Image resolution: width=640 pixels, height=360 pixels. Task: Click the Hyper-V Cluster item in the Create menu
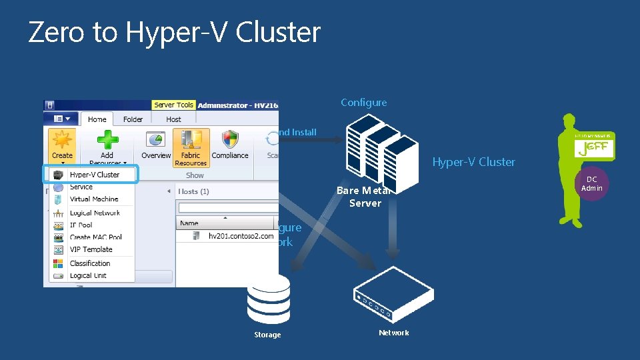pos(94,175)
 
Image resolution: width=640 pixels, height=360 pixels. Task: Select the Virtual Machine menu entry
pos(93,199)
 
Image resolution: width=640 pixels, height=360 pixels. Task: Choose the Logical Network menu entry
pos(95,213)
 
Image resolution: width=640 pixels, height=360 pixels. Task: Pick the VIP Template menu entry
pos(91,249)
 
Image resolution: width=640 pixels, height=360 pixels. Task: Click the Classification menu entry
pos(90,263)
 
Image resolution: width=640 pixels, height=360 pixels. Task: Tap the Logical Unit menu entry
pos(88,275)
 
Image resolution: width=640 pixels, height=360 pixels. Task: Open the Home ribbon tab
pos(97,119)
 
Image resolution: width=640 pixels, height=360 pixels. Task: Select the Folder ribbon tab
pos(133,119)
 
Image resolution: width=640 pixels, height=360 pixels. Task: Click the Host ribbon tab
pos(173,119)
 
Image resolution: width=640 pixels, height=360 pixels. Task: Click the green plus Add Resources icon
pos(107,141)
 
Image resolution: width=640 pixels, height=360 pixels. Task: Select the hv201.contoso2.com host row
pos(240,236)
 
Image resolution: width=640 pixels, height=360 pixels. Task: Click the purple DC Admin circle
pos(591,183)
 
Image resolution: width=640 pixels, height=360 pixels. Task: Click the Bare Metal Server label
pos(365,197)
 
